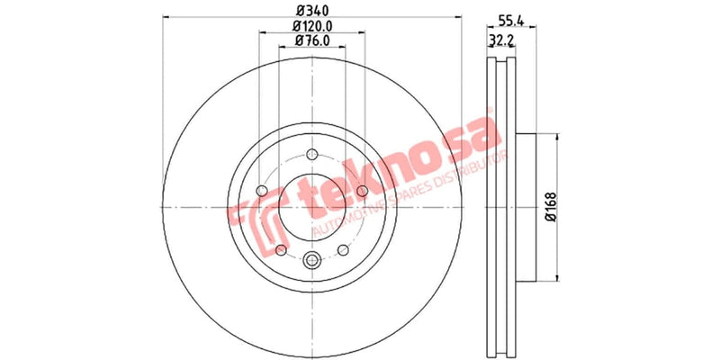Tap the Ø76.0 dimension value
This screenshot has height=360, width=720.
click(x=312, y=41)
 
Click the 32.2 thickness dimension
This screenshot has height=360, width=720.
click(x=500, y=41)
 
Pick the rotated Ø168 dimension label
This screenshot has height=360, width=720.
click(x=552, y=208)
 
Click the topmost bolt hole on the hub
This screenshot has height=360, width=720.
click(x=312, y=154)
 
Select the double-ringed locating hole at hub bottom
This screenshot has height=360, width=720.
click(x=312, y=261)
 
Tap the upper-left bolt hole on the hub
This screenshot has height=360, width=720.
click(x=261, y=191)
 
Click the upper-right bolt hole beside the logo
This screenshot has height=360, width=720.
click(x=363, y=191)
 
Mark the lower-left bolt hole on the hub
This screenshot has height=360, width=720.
click(x=280, y=249)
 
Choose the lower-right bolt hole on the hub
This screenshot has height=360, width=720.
click(x=343, y=249)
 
